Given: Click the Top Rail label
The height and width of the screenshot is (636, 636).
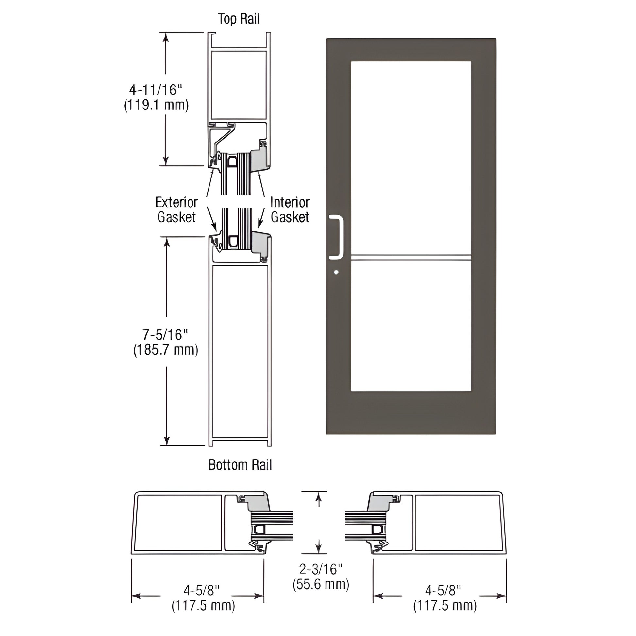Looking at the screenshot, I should click(239, 19).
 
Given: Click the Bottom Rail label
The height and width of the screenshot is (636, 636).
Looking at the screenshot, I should click(240, 465).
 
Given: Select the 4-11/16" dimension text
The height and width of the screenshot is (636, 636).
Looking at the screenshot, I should click(155, 90).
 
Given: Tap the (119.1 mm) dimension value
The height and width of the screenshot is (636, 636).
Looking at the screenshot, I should click(156, 105).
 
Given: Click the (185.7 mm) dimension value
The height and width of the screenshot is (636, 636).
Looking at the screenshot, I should click(166, 350).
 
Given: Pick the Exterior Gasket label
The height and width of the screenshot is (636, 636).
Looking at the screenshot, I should click(176, 210).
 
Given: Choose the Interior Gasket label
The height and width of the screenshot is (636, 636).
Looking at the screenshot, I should click(290, 210).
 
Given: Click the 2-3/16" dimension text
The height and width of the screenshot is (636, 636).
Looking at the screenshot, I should click(321, 569).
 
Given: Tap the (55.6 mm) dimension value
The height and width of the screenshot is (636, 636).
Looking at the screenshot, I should click(321, 584).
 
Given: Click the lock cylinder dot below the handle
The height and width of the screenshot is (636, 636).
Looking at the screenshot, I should click(336, 272).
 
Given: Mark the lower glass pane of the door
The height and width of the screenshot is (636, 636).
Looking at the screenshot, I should click(411, 326).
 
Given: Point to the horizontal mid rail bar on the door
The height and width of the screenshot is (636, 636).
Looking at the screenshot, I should click(411, 258).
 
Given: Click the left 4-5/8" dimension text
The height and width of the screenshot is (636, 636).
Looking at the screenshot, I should click(201, 590).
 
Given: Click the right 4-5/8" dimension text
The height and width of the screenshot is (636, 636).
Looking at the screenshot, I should click(443, 590).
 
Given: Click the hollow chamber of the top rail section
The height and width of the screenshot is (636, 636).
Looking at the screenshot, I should click(239, 85).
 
